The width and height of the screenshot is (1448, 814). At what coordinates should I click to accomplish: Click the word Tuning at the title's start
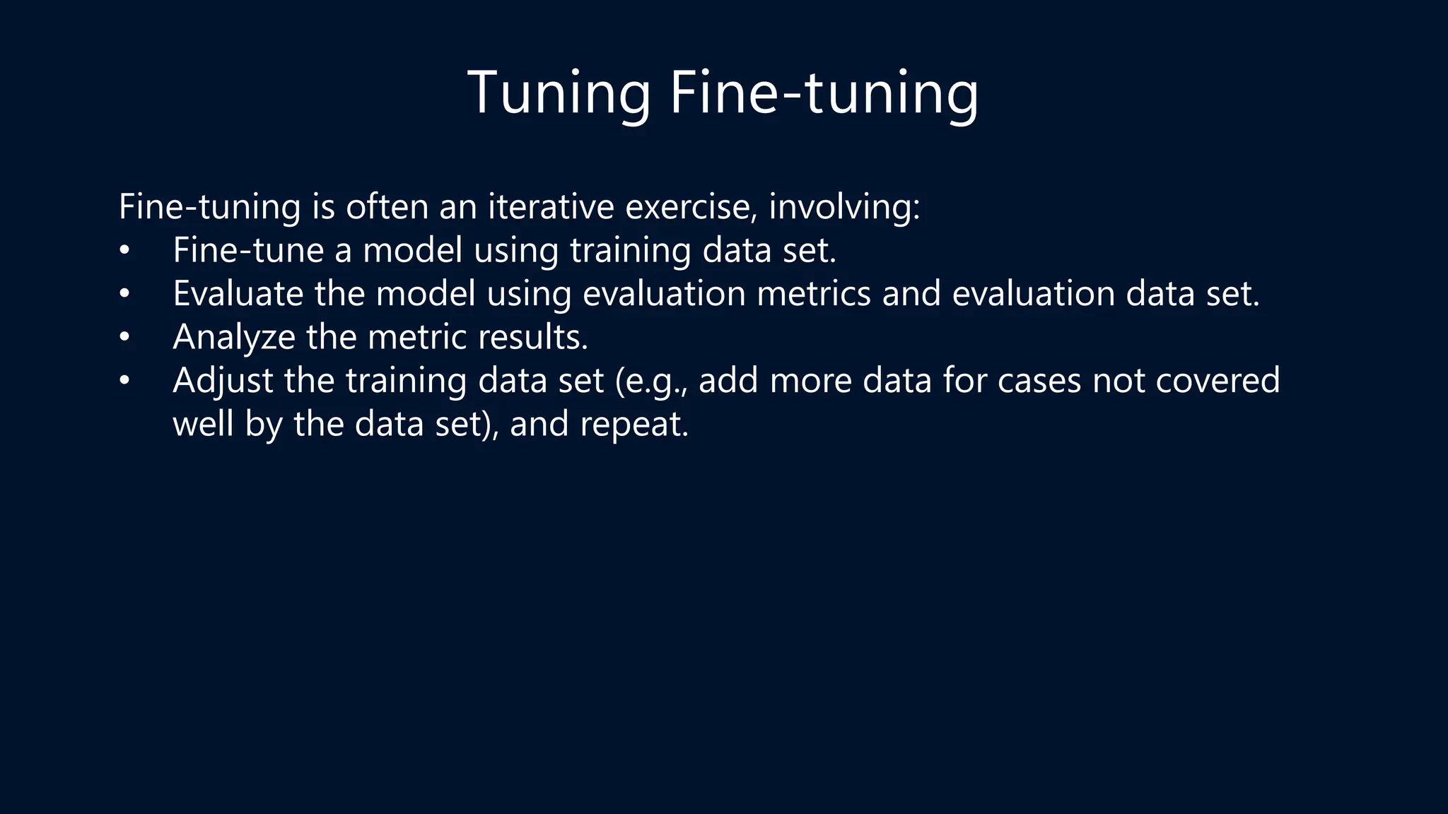559,93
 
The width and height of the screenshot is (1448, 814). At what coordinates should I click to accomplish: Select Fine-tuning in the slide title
824,93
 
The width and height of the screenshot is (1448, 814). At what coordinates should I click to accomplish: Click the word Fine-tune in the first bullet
248,250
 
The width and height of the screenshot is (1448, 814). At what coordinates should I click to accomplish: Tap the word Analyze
234,338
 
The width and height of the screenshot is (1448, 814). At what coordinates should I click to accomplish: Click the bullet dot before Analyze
124,338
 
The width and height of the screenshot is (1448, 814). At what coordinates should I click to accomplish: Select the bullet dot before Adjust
124,382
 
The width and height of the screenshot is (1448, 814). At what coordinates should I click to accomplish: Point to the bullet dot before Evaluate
124,294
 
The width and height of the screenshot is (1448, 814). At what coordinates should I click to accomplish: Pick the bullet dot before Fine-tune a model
124,251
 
